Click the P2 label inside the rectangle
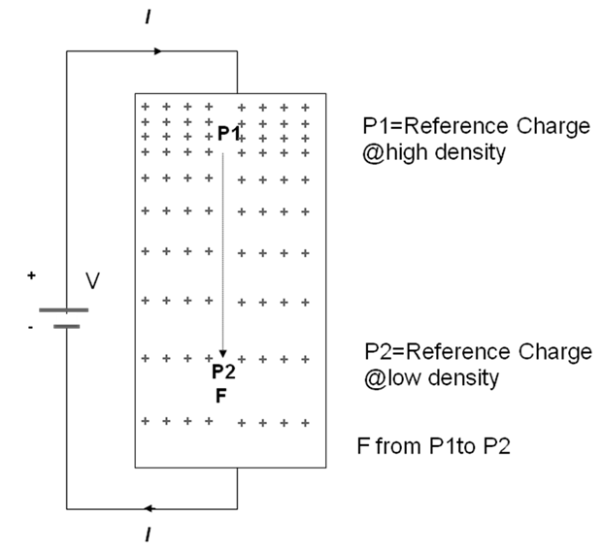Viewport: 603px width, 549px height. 223,371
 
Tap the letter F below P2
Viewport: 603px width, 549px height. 220,395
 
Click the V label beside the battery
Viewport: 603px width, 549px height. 92,281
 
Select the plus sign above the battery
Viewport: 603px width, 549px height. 32,275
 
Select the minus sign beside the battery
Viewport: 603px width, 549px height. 31,327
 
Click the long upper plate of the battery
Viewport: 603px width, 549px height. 66,310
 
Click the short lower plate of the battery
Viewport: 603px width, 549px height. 66,327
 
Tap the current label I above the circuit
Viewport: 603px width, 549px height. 147,16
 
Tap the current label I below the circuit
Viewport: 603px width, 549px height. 147,533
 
